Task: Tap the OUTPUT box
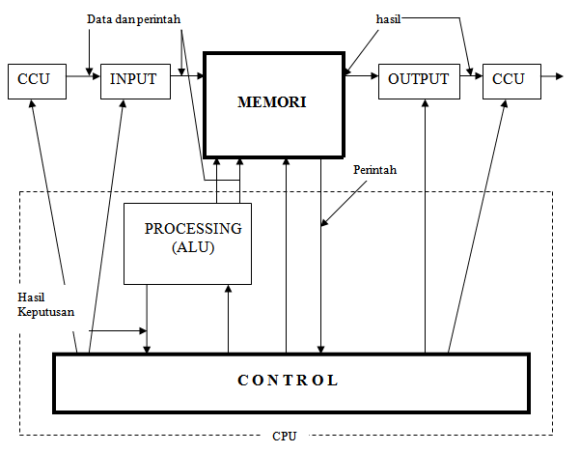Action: pyautogui.click(x=419, y=80)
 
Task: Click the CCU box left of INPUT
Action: pyautogui.click(x=34, y=80)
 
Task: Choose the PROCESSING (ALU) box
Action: pyautogui.click(x=187, y=242)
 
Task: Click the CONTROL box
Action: pyautogui.click(x=290, y=381)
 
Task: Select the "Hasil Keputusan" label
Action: pyautogui.click(x=46, y=303)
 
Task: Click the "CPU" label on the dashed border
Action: pyautogui.click(x=285, y=437)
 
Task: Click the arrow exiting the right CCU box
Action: pyautogui.click(x=552, y=76)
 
